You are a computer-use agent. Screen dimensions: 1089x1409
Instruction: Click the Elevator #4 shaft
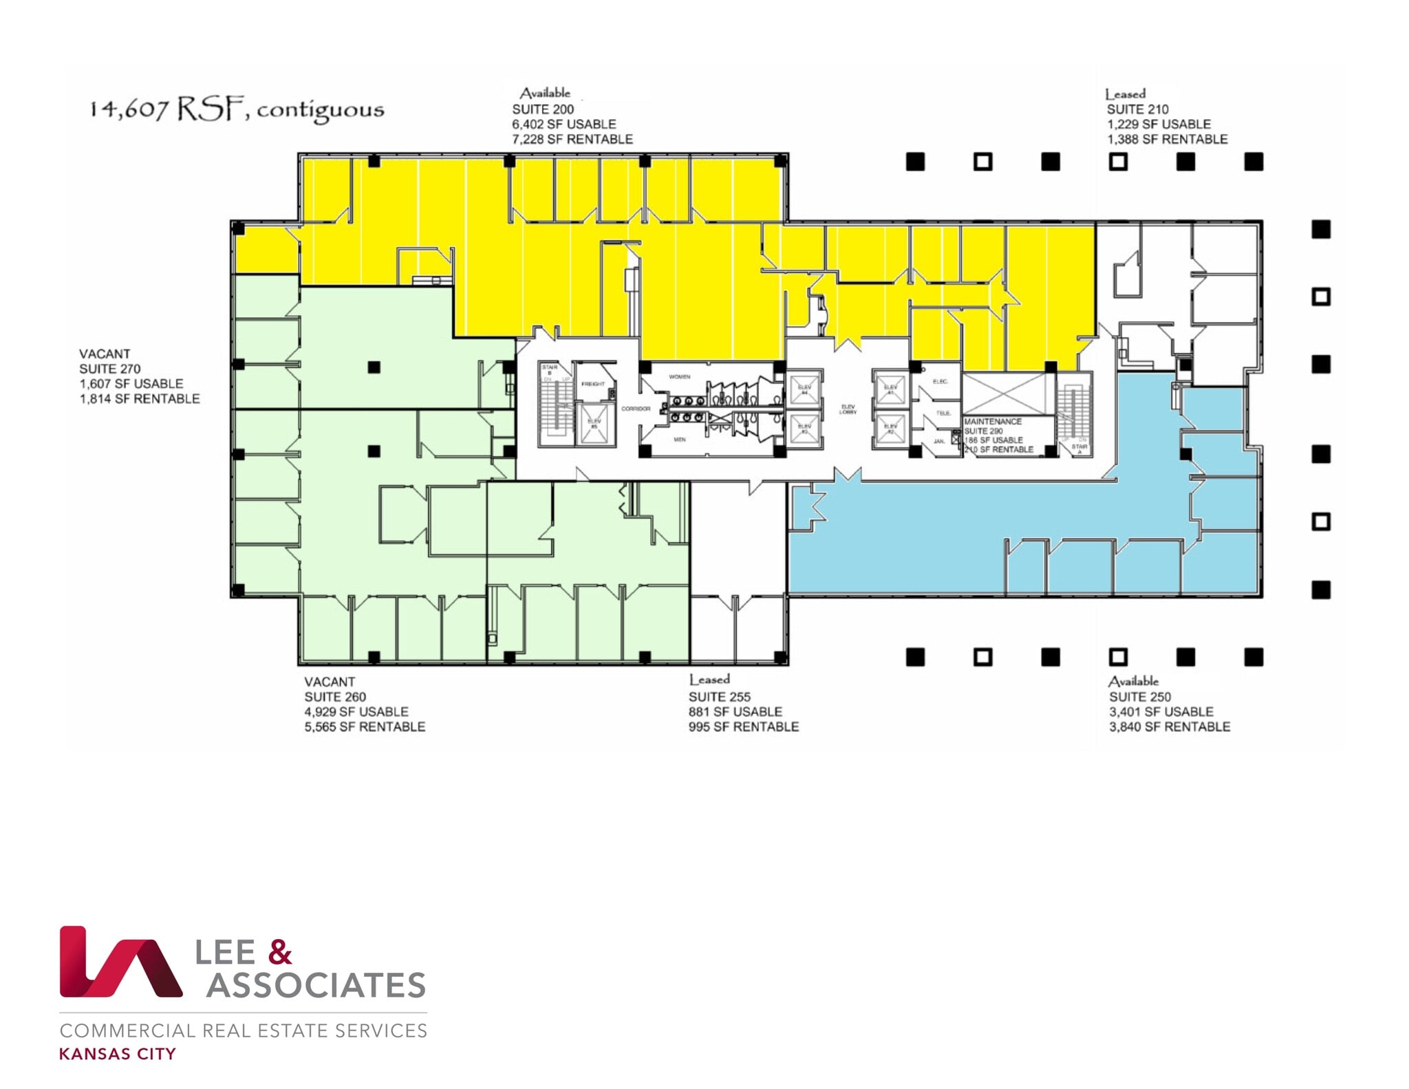[804, 389]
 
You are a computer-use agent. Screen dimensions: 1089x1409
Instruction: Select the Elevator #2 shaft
[890, 429]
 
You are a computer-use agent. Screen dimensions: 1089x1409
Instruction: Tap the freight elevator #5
[594, 424]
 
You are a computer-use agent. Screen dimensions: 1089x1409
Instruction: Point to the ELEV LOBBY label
[848, 409]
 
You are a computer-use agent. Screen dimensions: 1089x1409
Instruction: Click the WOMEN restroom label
[679, 377]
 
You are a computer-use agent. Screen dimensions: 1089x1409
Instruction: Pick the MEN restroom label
[679, 440]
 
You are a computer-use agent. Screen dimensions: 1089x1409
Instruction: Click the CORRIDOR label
[636, 409]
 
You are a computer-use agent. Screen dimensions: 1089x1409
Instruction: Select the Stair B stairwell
[554, 406]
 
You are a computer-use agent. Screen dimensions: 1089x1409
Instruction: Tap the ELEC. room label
[940, 381]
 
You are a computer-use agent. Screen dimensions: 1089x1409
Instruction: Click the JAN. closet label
[939, 441]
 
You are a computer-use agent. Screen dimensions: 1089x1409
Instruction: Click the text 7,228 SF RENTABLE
[572, 140]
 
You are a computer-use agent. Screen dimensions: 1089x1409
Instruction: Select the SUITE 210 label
[1137, 109]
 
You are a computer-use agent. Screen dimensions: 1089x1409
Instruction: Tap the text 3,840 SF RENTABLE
[1169, 727]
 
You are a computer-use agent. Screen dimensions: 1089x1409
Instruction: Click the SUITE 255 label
[719, 697]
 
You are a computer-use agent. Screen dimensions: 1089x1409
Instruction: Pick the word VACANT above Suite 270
[105, 354]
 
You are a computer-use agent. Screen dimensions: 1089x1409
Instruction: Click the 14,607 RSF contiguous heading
[237, 110]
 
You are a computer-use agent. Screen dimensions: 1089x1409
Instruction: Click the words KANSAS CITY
[118, 1054]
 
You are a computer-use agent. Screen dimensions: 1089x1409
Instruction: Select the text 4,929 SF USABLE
[356, 712]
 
